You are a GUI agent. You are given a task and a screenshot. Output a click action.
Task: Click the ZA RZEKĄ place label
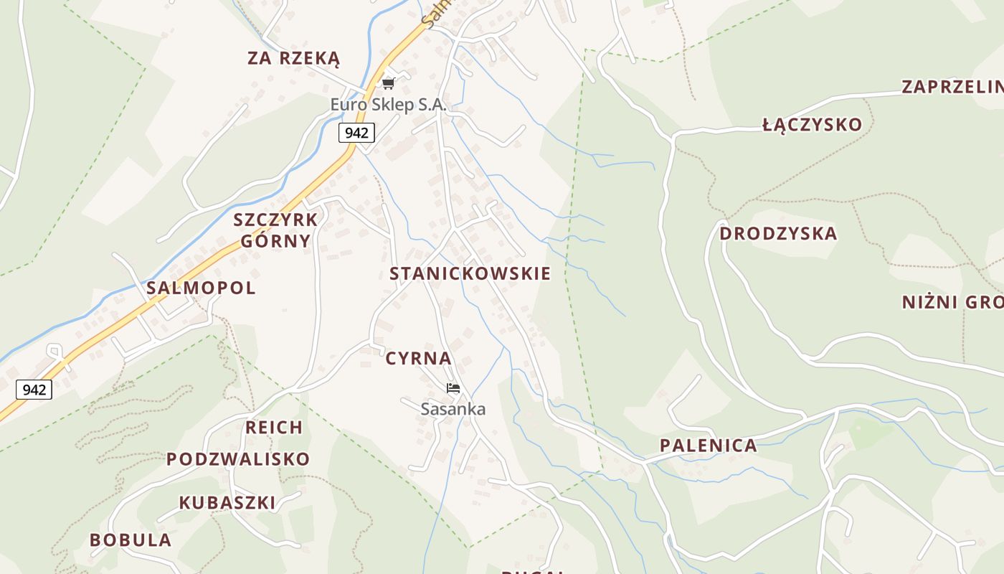(x=293, y=59)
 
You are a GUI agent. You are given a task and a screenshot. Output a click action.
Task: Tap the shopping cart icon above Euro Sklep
(x=389, y=84)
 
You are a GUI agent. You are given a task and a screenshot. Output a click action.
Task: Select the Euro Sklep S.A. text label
(x=388, y=105)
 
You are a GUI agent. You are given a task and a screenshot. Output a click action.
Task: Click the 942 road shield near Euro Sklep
(x=356, y=132)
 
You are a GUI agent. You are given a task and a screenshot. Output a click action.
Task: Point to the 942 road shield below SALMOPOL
(x=34, y=390)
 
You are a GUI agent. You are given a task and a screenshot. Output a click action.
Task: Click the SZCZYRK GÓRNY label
(x=275, y=230)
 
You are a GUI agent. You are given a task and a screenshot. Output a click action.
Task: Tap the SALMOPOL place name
(x=201, y=288)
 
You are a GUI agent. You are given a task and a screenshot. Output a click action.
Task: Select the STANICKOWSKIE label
(x=470, y=273)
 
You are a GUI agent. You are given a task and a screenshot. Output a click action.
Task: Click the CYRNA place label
(x=419, y=359)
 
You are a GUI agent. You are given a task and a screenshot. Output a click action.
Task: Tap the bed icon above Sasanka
(x=453, y=389)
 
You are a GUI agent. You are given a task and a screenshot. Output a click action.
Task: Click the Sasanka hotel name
(x=453, y=410)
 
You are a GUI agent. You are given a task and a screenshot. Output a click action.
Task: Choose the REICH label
(x=274, y=428)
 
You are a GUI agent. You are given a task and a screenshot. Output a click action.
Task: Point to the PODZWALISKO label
(x=238, y=459)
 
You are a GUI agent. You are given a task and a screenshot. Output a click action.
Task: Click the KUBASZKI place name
(x=227, y=503)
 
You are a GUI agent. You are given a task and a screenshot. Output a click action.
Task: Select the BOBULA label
(x=131, y=540)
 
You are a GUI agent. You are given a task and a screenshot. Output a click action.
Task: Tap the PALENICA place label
(x=709, y=446)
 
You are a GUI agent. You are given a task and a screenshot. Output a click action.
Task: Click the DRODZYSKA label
(x=778, y=234)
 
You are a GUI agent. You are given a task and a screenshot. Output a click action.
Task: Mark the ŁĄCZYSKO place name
(x=812, y=125)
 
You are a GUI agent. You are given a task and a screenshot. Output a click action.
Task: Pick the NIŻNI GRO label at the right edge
(x=952, y=302)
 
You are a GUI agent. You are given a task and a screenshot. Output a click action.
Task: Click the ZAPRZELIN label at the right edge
(x=952, y=87)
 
